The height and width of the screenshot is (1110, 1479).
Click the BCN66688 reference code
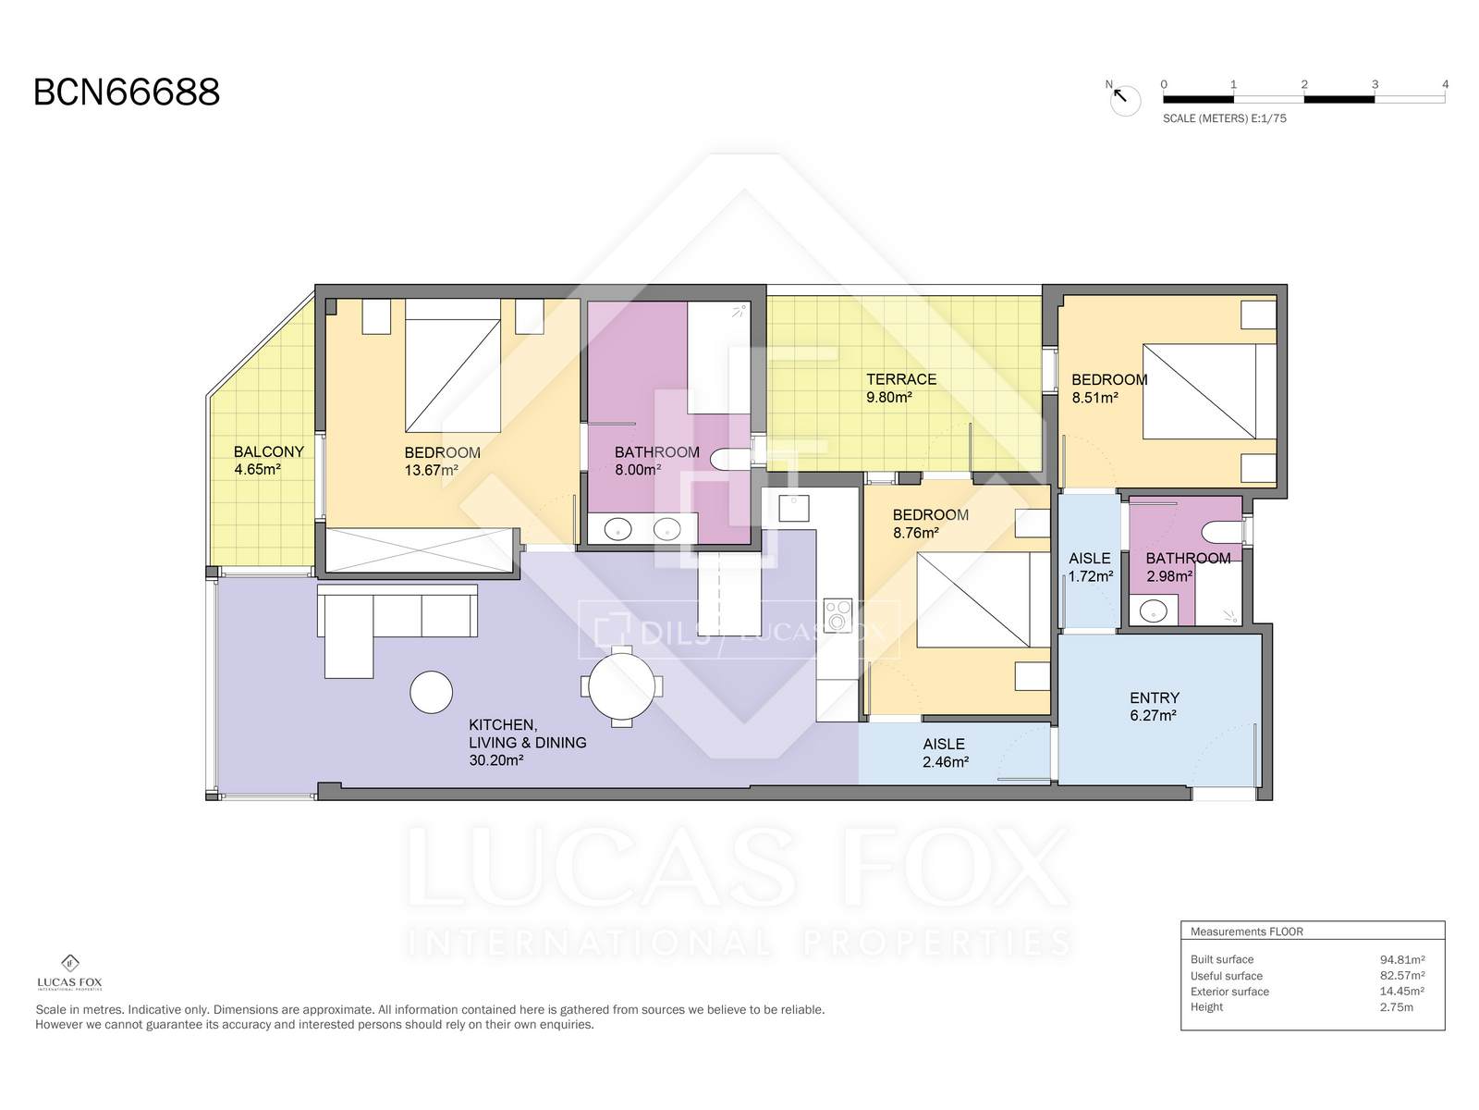(127, 92)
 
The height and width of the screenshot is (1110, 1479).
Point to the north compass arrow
(1119, 95)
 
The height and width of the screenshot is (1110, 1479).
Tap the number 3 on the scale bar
(1375, 84)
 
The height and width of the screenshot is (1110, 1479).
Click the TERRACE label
(901, 379)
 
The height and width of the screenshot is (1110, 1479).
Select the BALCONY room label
(269, 451)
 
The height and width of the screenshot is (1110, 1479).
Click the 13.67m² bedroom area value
(432, 470)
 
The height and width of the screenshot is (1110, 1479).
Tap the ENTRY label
(1155, 697)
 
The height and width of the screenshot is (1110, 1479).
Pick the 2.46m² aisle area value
(946, 761)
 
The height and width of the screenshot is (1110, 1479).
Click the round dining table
(621, 686)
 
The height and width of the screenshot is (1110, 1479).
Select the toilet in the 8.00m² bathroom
(730, 459)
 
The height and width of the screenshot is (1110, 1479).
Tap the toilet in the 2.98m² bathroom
(1221, 532)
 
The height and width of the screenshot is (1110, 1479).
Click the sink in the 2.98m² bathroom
(1153, 611)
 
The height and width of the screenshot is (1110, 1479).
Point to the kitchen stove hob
(837, 615)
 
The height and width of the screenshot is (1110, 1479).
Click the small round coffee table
(432, 692)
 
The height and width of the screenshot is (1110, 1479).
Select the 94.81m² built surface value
(1402, 960)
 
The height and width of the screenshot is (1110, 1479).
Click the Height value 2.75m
(1396, 1007)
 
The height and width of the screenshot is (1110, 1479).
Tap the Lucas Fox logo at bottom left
(69, 972)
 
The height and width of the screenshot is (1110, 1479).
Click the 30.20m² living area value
(495, 760)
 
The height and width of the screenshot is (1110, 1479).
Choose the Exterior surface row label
(1229, 992)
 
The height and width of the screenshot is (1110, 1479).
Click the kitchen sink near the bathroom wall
(794, 508)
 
